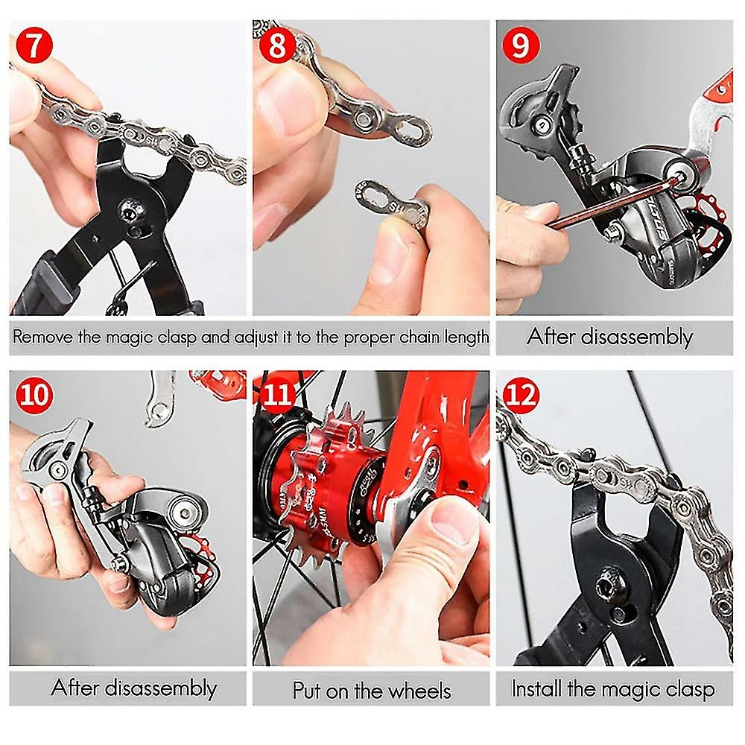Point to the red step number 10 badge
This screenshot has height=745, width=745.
tap(33, 394)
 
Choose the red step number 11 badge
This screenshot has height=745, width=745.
tap(277, 394)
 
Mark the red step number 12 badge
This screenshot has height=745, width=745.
tap(521, 394)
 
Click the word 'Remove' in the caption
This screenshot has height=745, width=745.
tap(43, 337)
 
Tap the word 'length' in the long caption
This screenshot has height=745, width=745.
tap(463, 337)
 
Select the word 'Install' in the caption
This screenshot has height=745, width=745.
tap(537, 689)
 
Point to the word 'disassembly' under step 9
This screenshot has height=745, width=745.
tap(638, 337)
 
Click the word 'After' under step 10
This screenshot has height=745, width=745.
tap(76, 688)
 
